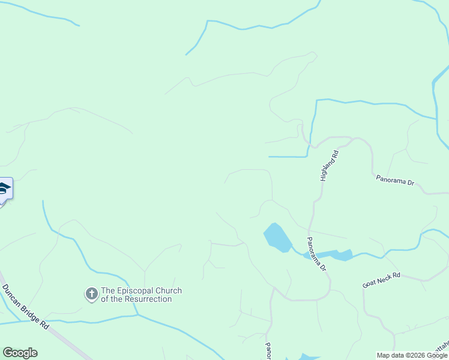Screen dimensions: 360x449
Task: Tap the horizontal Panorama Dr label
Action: point(396,179)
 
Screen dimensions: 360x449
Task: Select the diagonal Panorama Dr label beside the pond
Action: point(316,254)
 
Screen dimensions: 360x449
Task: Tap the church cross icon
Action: point(91,294)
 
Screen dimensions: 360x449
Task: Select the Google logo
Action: point(20,353)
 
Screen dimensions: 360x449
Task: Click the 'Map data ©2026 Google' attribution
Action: point(412,355)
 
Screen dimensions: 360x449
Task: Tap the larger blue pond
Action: point(276,236)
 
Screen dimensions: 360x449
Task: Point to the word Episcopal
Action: point(137,291)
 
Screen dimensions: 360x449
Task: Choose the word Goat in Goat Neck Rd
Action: point(370,283)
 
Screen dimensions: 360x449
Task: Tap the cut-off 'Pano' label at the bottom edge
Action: point(268,352)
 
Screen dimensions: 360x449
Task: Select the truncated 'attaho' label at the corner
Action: point(440,347)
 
